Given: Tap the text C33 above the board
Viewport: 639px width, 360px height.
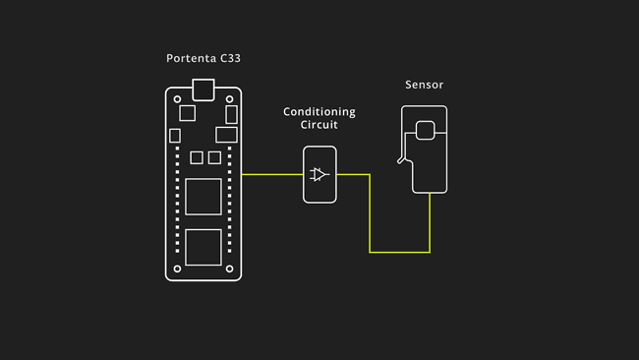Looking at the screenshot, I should click(230, 60).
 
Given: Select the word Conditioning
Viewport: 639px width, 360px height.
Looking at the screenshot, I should click(319, 112).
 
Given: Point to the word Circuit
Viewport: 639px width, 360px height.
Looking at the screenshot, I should click(319, 126).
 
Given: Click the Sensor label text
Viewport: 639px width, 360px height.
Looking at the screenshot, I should click(424, 86).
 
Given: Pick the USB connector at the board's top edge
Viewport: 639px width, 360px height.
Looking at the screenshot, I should click(203, 89).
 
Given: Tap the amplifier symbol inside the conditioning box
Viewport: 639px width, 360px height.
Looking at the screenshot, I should click(319, 175).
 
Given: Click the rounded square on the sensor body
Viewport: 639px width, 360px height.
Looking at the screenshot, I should click(426, 130).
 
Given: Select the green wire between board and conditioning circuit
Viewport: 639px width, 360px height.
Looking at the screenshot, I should click(272, 175).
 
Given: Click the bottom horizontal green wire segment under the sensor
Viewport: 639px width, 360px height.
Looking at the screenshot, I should click(400, 252).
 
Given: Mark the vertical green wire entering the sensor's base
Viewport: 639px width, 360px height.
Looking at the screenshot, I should click(430, 221).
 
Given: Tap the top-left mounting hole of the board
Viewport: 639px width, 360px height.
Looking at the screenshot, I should click(177, 99).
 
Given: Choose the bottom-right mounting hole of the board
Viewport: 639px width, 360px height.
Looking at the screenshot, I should click(230, 268).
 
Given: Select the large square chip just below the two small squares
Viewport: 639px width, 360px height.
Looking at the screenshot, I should click(203, 196).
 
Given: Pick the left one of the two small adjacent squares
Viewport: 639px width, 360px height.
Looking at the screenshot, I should click(196, 157).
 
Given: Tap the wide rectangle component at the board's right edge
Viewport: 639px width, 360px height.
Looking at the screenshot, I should click(227, 135).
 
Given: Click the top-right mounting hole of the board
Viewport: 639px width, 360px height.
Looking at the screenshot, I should click(230, 99).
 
